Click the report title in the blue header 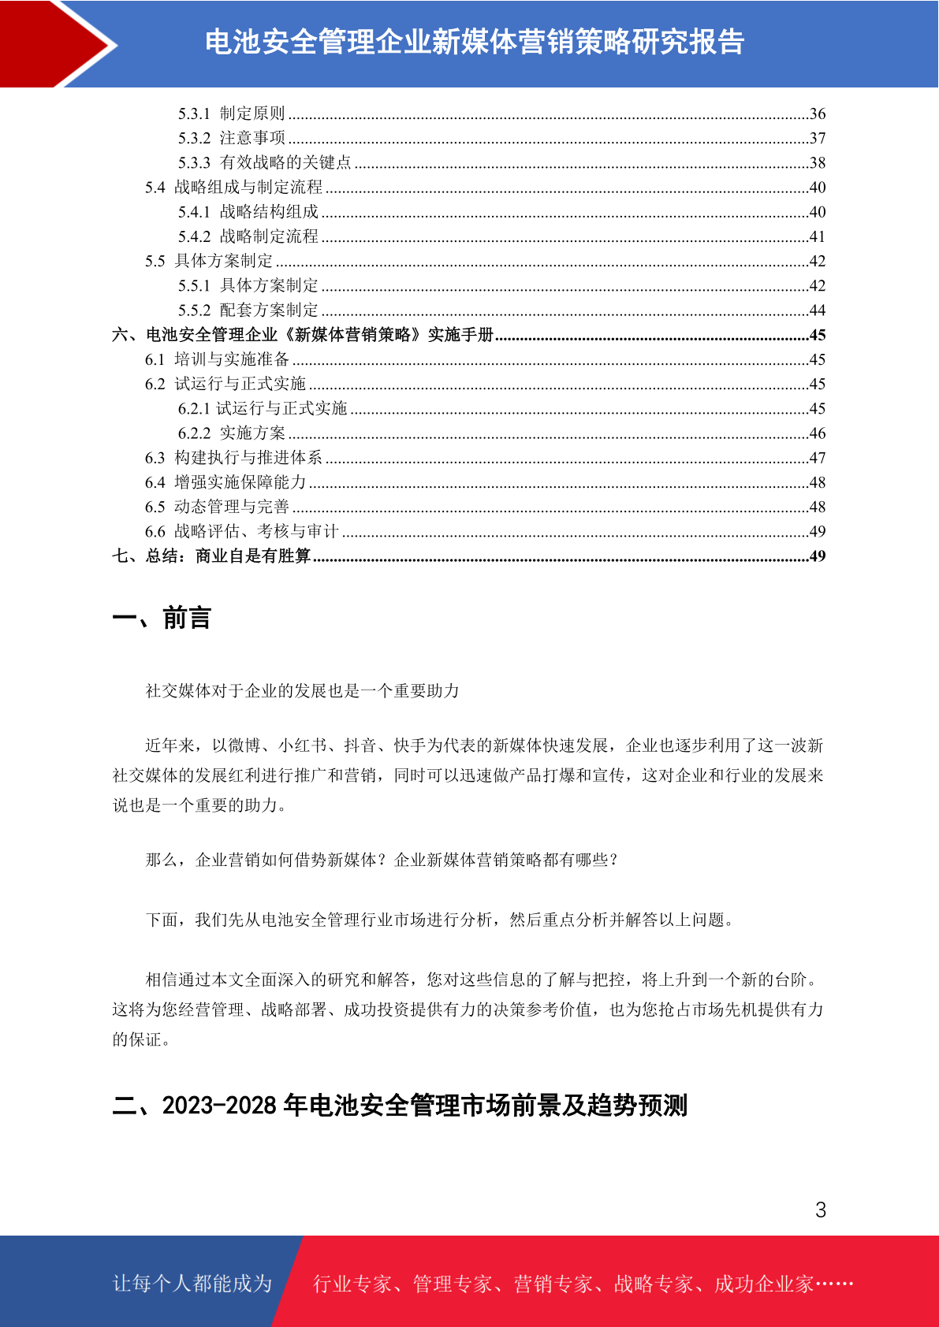tap(475, 43)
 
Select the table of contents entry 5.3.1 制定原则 tap(231, 114)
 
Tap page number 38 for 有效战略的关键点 tap(818, 163)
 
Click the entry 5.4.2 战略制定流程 tap(248, 236)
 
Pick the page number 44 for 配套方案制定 tap(818, 310)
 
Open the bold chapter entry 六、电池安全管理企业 tap(303, 335)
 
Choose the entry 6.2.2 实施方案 tap(231, 433)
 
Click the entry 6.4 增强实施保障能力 tap(225, 482)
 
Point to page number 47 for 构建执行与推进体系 tap(818, 458)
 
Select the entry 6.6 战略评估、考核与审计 tap(241, 532)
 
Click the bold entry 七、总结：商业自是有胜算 tap(211, 556)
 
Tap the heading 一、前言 tap(162, 619)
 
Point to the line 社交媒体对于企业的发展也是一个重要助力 tap(302, 691)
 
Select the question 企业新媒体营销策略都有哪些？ tap(506, 860)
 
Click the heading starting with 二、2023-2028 tap(400, 1106)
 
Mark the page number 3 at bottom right tap(821, 1210)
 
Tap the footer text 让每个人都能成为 tap(192, 1284)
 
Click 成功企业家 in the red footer tap(763, 1284)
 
